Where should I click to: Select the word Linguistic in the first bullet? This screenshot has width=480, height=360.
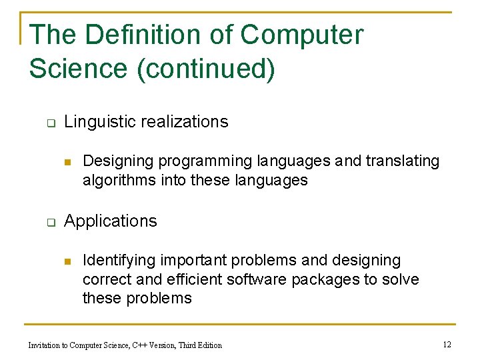[95, 122]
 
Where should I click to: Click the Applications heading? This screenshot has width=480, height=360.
[111, 221]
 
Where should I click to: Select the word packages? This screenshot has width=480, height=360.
[325, 279]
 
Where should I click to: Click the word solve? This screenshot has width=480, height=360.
[401, 279]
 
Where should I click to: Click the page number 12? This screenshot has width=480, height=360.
[447, 345]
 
